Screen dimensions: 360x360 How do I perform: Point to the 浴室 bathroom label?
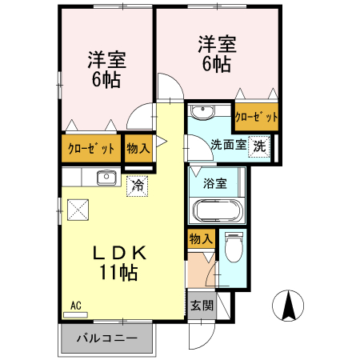click(x=214, y=183)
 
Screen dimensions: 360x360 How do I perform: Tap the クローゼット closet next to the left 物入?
click(x=91, y=148)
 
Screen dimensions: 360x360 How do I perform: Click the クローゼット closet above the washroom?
click(x=256, y=117)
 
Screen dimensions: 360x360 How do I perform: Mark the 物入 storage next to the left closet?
click(x=138, y=148)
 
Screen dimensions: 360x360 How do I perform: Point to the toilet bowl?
click(x=233, y=248)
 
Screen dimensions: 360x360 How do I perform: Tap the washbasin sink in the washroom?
click(x=203, y=112)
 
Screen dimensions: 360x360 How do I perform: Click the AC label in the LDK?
click(x=76, y=306)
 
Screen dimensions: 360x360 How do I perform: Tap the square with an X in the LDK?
click(x=78, y=210)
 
